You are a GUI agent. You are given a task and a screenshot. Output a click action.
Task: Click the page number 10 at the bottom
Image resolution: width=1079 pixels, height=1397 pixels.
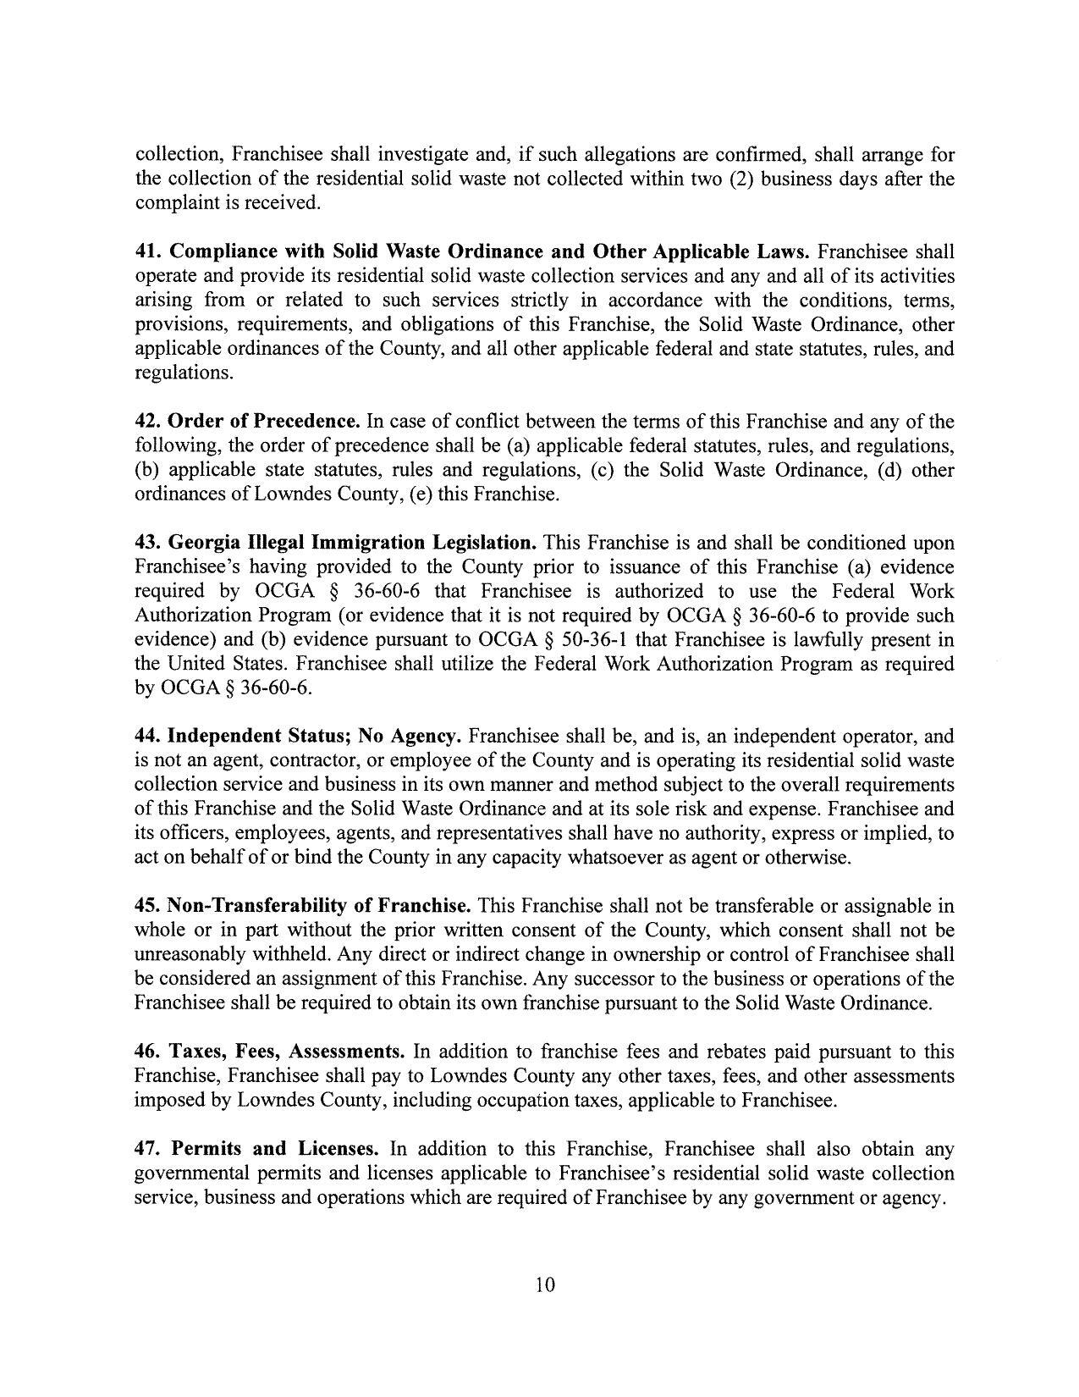[545, 1285]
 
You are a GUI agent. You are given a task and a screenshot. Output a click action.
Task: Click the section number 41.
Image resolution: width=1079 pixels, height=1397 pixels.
[148, 251]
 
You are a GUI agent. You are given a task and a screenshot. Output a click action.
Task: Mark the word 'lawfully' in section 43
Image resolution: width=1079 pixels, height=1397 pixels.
[836, 639]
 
